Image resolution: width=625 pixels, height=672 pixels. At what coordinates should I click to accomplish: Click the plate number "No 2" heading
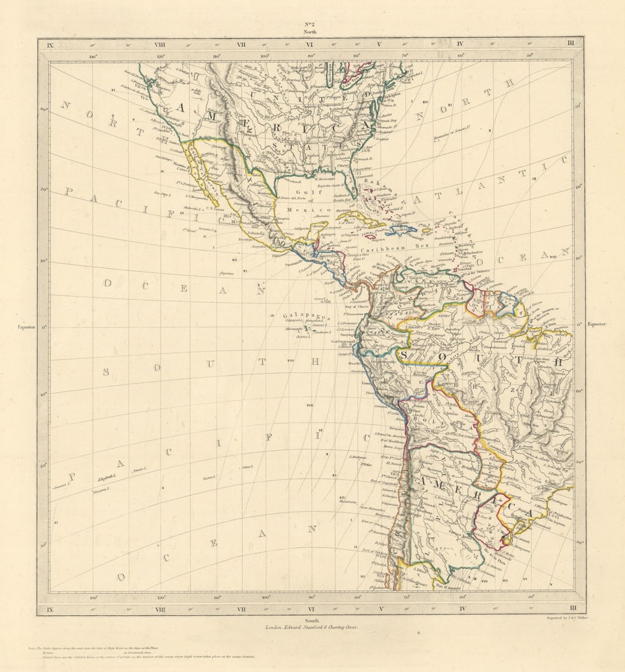(x=310, y=24)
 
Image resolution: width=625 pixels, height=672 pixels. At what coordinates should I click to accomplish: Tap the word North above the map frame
(x=310, y=31)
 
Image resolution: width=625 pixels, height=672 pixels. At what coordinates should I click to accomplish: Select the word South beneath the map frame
(x=312, y=620)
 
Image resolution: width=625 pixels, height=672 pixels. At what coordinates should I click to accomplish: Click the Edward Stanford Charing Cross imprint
(x=312, y=627)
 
